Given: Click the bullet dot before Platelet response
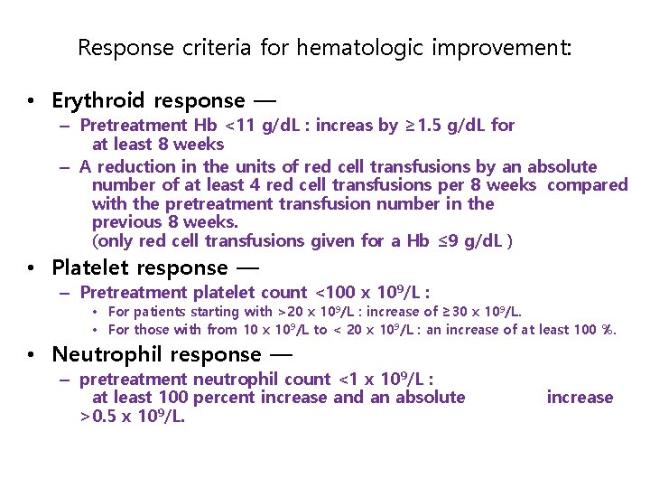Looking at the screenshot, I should tap(31, 268).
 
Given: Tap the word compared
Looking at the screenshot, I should tap(588, 185).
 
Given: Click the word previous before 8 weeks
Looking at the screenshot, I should tap(128, 222).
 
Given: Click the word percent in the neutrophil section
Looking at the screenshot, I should tap(229, 398).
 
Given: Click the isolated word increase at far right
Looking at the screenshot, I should tap(580, 398).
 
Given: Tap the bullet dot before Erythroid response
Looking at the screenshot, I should tap(31, 101).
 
